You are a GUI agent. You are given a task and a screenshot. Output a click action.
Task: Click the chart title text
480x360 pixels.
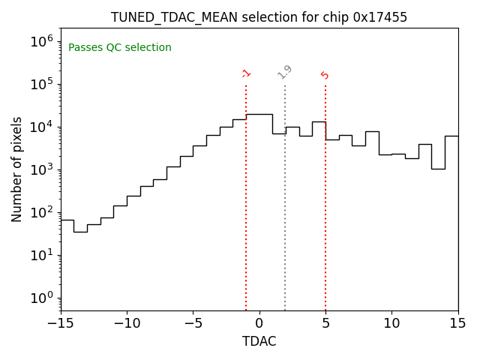tap(259, 17)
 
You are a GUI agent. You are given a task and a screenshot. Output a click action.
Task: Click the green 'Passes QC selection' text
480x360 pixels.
tap(120, 48)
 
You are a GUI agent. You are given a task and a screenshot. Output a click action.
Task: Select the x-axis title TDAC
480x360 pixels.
tap(259, 341)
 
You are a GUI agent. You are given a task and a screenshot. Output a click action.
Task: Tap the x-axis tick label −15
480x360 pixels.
tap(61, 323)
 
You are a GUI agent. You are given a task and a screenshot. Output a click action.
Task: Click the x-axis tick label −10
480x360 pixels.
tap(127, 323)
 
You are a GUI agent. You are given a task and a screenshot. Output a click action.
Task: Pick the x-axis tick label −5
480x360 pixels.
tap(193, 323)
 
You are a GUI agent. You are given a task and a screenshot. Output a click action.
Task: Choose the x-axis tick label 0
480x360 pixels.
tap(259, 323)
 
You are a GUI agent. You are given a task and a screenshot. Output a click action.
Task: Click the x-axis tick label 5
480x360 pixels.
tap(325, 323)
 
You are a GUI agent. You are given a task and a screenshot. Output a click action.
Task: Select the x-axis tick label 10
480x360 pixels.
tap(391, 323)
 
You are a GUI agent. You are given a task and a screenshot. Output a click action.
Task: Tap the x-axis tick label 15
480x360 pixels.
tap(457, 323)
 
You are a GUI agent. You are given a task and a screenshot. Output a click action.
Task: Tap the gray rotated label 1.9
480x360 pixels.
tap(285, 72)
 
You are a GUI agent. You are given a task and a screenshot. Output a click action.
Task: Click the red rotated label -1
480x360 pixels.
tap(246, 73)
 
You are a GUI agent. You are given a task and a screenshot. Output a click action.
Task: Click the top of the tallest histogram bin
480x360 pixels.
tap(259, 114)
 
